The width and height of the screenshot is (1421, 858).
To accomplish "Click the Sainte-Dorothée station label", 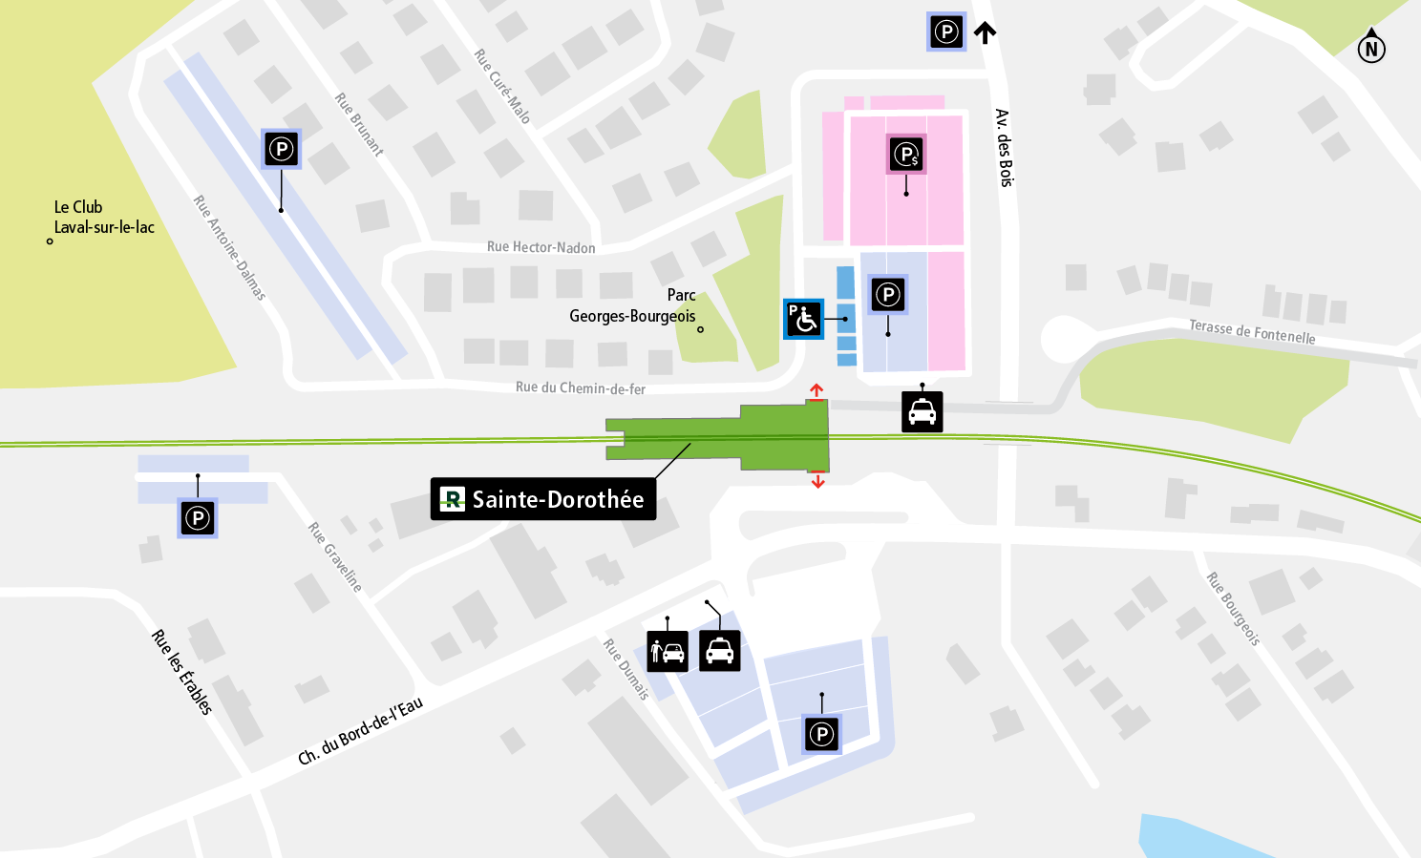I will pyautogui.click(x=543, y=499).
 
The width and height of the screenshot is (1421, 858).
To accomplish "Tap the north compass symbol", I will pyautogui.click(x=1371, y=48).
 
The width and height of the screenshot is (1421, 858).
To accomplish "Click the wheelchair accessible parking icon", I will pyautogui.click(x=803, y=319).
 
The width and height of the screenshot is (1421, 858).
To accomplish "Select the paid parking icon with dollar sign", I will pyautogui.click(x=906, y=154).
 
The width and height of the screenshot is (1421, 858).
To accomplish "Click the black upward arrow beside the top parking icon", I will pyautogui.click(x=986, y=32).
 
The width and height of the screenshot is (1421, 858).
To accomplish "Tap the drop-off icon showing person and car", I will pyautogui.click(x=668, y=652).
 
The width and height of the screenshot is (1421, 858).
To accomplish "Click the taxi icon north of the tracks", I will pyautogui.click(x=923, y=412).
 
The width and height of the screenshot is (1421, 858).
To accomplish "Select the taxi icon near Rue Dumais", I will pyautogui.click(x=720, y=652).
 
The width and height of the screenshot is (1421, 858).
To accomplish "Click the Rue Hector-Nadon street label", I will pyautogui.click(x=541, y=247).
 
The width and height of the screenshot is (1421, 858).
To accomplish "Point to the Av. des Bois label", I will pyautogui.click(x=1004, y=148).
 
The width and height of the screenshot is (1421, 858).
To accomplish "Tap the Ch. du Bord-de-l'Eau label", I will pyautogui.click(x=360, y=732).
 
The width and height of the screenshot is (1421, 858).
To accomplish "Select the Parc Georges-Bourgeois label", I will pyautogui.click(x=633, y=305).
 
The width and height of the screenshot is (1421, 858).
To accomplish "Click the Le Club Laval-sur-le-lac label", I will pyautogui.click(x=103, y=217).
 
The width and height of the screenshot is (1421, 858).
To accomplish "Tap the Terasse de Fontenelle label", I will pyautogui.click(x=1252, y=332).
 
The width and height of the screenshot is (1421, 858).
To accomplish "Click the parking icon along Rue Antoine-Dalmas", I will pyautogui.click(x=281, y=149).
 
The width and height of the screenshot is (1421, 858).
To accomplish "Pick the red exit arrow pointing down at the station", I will pyautogui.click(x=817, y=481).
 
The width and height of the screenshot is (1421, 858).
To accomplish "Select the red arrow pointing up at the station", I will pyautogui.click(x=817, y=390).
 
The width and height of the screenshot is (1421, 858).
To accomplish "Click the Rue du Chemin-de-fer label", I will pyautogui.click(x=580, y=387).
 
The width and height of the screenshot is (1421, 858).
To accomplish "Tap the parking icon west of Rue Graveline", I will pyautogui.click(x=198, y=518).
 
